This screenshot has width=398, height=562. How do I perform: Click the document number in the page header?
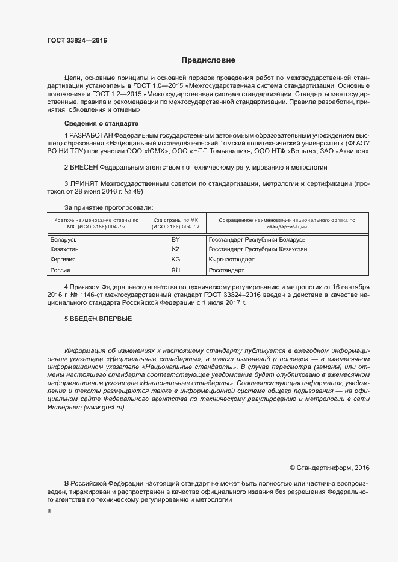pyautogui.click(x=77, y=41)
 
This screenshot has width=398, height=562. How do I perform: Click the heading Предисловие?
pyautogui.click(x=208, y=60)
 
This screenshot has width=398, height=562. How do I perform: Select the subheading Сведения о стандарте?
pyautogui.click(x=97, y=123)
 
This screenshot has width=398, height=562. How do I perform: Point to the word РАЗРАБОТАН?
pyautogui.click(x=90, y=136)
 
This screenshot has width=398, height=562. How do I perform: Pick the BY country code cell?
pyautogui.click(x=175, y=239)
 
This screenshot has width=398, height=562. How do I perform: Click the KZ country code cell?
pyautogui.click(x=175, y=249)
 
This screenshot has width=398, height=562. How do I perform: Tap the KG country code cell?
pyautogui.click(x=175, y=260)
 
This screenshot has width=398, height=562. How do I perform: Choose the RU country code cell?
pyautogui.click(x=175, y=270)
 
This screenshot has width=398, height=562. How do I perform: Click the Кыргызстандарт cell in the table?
pyautogui.click(x=231, y=260)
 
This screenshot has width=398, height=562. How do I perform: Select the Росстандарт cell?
pyautogui.click(x=226, y=270)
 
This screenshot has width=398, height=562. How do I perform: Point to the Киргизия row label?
pyautogui.click(x=62, y=260)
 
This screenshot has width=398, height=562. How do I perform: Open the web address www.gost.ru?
pyautogui.click(x=104, y=407)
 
